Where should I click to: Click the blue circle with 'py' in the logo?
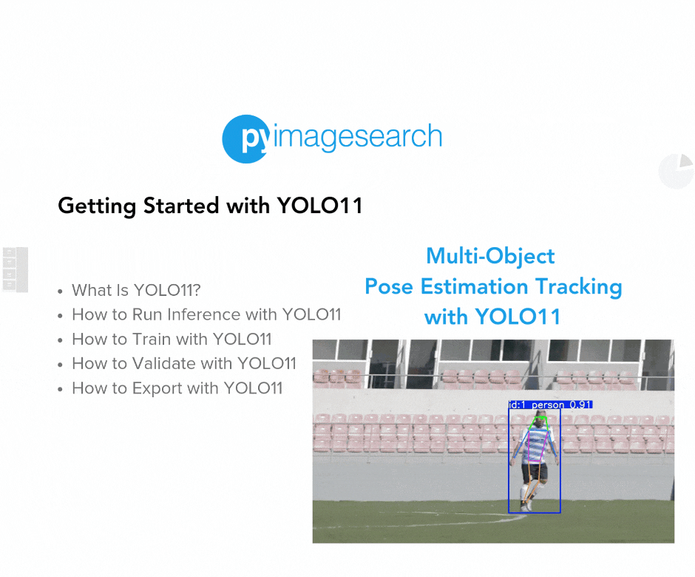point(246,139)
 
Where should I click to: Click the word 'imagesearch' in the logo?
point(358,136)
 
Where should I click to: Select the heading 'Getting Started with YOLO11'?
point(210,206)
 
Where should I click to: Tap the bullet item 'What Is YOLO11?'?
point(136,290)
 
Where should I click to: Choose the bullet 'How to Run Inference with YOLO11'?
point(206,314)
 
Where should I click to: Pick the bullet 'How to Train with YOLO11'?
point(172,340)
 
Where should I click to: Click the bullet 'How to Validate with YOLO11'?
point(184,364)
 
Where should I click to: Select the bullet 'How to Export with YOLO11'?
point(177,388)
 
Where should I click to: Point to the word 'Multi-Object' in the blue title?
point(490,257)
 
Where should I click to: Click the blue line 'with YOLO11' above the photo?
point(492,317)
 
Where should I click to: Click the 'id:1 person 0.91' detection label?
point(550,405)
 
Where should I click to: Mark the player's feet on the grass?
point(526,505)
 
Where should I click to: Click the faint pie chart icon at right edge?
point(677,171)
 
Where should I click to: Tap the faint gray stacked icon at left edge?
point(16,270)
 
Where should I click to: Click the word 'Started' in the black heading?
point(181,206)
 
